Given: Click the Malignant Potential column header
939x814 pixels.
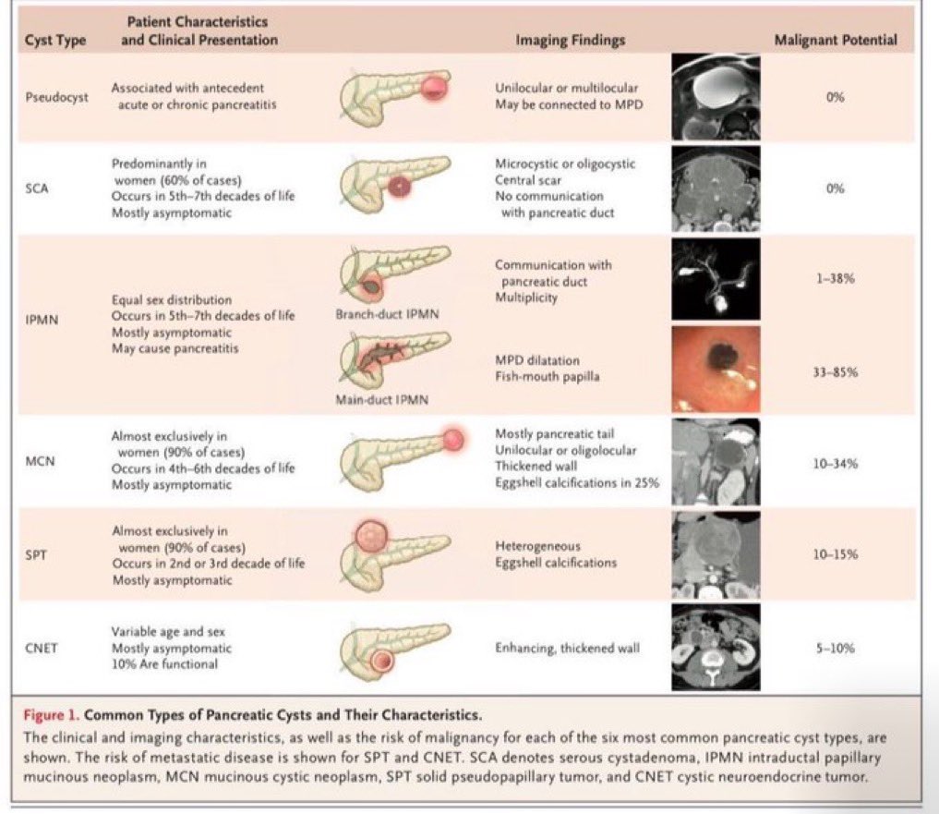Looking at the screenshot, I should pos(836,40).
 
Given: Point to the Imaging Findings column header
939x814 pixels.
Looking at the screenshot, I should pos(570,40).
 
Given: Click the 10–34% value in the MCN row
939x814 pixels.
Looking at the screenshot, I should pos(836,463).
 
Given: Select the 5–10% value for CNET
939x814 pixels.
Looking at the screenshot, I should pos(836,648).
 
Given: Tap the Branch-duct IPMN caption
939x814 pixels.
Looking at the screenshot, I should pos(387,314).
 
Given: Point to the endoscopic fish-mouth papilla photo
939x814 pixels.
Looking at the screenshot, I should pos(716,368).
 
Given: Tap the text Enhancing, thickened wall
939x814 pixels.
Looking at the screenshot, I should pos(567,648).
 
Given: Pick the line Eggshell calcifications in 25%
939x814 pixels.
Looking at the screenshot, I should pos(577,482).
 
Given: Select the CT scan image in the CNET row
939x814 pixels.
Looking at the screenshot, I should pos(716,648).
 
